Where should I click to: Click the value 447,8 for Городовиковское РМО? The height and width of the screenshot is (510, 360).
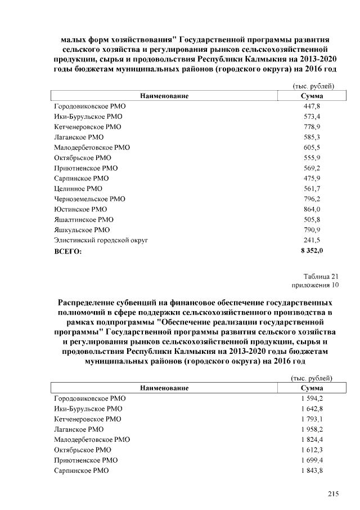click(x=311, y=107)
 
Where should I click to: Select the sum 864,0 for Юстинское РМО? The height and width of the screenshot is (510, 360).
click(x=311, y=209)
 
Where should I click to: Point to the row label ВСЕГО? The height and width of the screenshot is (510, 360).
click(x=67, y=251)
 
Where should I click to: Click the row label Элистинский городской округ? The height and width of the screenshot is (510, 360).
click(x=101, y=240)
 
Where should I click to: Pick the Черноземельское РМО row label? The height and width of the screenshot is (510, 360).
click(x=89, y=199)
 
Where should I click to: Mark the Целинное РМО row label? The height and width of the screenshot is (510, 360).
click(x=78, y=189)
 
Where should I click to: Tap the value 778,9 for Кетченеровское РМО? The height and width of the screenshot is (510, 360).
click(x=311, y=127)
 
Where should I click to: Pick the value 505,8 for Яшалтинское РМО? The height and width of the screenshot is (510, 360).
click(x=311, y=219)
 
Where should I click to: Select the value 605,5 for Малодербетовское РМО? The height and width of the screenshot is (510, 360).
click(x=311, y=148)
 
